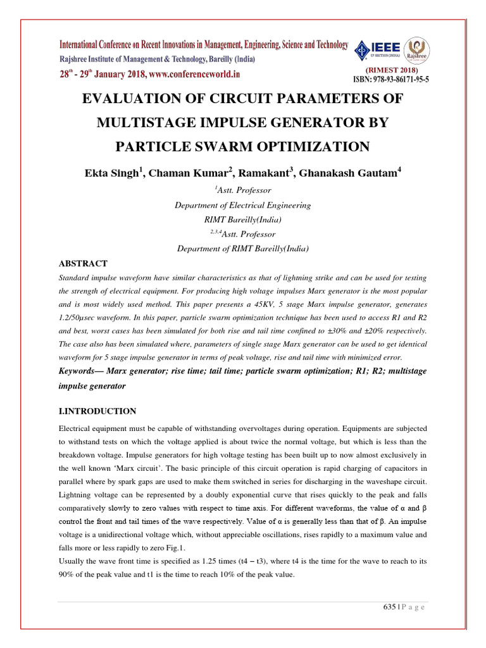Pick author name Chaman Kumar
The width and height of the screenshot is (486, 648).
click(183, 173)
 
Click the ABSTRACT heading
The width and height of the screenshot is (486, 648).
click(83, 263)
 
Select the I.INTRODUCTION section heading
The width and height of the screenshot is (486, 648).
click(97, 412)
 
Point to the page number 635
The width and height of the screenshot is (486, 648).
click(389, 607)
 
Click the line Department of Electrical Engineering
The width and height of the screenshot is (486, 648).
click(242, 205)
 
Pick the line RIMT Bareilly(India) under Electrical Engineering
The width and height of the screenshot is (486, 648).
click(242, 220)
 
